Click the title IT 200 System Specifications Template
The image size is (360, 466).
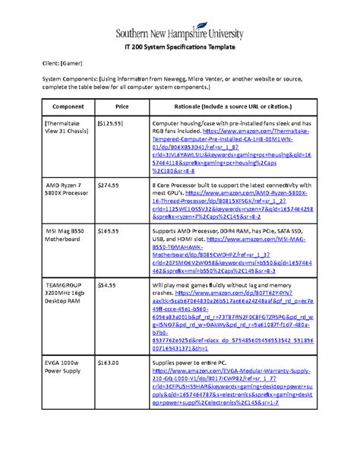(x=179, y=46)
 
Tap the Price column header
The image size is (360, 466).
(x=121, y=107)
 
